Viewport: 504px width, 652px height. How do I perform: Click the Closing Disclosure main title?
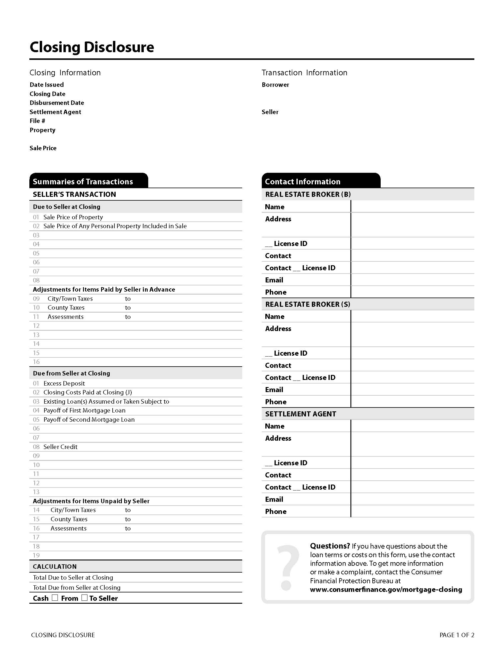click(x=92, y=47)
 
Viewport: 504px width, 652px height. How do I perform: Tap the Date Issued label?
click(x=47, y=85)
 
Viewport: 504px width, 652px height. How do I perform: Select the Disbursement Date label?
click(x=57, y=103)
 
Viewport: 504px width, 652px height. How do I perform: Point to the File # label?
click(x=37, y=121)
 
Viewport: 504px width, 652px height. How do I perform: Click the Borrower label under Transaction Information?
click(x=275, y=85)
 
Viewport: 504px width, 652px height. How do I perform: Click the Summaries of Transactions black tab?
click(x=88, y=181)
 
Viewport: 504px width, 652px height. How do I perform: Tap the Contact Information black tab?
click(x=321, y=181)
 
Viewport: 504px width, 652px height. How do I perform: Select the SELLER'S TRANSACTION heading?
click(x=74, y=194)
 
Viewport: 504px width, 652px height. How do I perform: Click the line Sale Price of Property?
click(x=73, y=217)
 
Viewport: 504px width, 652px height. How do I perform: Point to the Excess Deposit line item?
click(x=64, y=383)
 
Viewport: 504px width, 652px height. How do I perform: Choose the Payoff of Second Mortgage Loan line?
click(x=89, y=420)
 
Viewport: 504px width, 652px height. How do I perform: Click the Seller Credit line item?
click(x=60, y=447)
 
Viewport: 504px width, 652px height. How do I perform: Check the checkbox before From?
click(x=55, y=598)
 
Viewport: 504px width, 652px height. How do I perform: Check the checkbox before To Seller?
click(x=84, y=598)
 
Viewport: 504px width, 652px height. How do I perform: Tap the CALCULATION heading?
click(x=55, y=567)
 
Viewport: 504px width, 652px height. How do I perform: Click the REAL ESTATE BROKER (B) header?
click(x=308, y=194)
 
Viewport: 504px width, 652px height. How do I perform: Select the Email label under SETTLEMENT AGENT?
click(x=274, y=499)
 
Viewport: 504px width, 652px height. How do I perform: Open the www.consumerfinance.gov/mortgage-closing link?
click(x=386, y=589)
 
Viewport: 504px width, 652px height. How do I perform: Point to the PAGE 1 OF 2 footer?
click(x=457, y=635)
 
